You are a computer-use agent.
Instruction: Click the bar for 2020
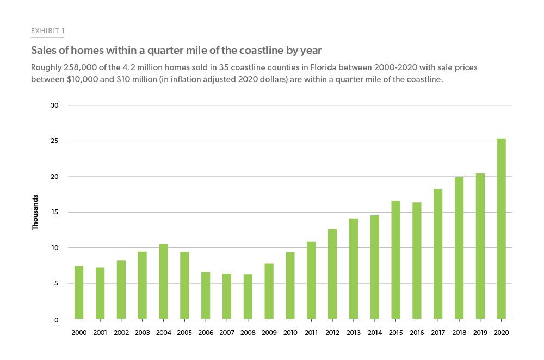(x=501, y=229)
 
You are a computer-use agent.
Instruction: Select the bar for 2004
(x=163, y=282)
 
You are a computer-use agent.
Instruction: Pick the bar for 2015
(x=395, y=260)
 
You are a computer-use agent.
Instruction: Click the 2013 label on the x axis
(x=354, y=332)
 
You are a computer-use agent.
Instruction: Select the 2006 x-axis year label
(x=206, y=332)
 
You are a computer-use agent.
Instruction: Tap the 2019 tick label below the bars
(x=480, y=332)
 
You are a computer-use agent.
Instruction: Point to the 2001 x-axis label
(x=100, y=332)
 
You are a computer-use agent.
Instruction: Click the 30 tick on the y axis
(x=54, y=105)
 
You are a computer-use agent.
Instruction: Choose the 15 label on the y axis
(x=54, y=212)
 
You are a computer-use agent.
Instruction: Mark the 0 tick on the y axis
(x=57, y=320)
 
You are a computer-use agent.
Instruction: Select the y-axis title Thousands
(x=35, y=212)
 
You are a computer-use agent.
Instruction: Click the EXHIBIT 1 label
(x=48, y=31)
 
